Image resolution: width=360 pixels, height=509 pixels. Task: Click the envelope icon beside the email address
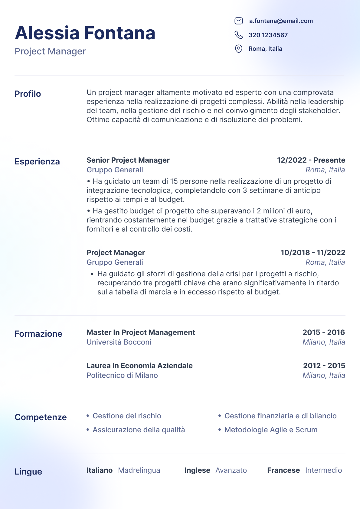(239, 21)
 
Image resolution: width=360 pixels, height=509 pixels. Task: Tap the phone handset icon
(239, 35)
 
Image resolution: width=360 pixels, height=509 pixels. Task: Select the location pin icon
(239, 49)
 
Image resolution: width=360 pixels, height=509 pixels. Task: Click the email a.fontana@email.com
(281, 21)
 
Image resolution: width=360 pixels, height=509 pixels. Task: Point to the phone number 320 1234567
(268, 35)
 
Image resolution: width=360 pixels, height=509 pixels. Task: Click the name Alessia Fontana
(85, 33)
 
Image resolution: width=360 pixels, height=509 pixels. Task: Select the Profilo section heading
(28, 94)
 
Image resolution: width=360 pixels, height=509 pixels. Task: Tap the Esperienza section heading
(37, 161)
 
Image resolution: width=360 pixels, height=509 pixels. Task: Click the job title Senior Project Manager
(128, 160)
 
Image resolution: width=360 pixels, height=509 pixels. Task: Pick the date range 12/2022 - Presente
(311, 160)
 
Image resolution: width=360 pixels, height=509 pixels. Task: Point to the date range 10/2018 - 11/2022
(313, 253)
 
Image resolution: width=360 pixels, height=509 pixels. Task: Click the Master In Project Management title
(141, 332)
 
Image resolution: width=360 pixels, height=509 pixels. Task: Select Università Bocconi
(119, 342)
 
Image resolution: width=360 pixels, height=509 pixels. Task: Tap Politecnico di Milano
(122, 375)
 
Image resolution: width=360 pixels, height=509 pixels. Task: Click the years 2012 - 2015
(324, 366)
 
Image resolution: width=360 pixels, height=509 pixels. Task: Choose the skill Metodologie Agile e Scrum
(271, 430)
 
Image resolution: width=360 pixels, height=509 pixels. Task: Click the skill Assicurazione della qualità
(139, 430)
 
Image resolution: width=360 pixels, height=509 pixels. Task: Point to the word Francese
(283, 470)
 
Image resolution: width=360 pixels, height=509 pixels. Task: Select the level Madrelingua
(139, 470)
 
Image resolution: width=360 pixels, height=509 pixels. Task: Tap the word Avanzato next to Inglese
(231, 470)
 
